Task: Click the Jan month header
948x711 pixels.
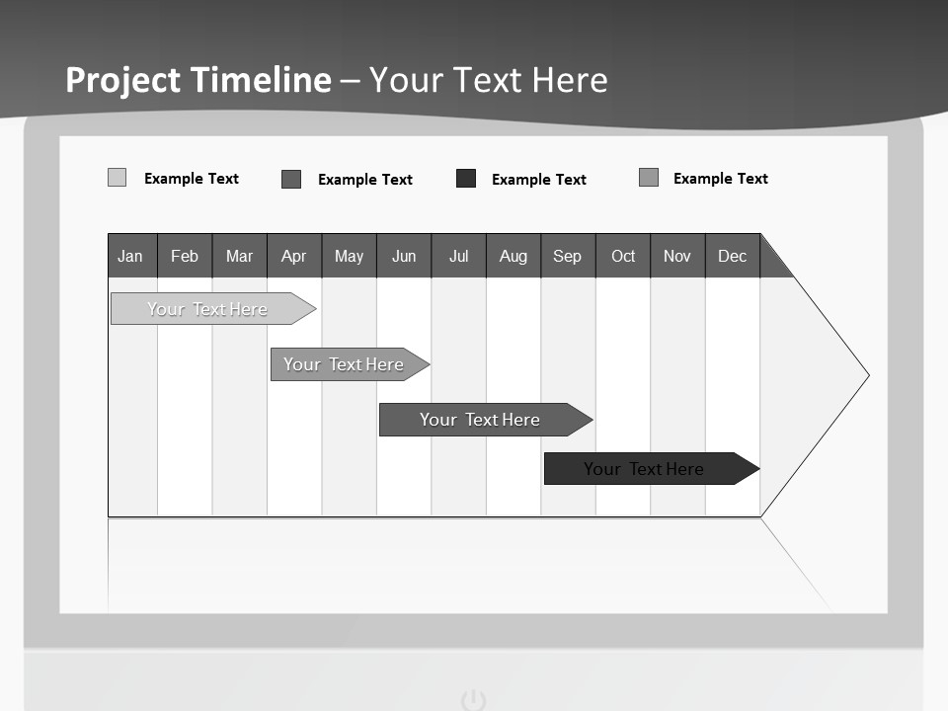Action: point(131,256)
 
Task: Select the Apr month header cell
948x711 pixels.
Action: point(294,256)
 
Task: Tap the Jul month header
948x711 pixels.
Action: point(458,256)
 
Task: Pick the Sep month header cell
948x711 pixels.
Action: point(568,256)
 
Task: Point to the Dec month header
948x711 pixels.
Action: point(732,256)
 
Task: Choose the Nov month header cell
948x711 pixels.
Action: point(677,256)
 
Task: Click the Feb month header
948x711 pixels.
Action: point(185,256)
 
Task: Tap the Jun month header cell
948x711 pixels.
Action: point(404,256)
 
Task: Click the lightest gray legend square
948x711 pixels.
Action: point(117,178)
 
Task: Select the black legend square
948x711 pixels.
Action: point(466,179)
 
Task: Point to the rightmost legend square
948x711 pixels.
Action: point(649,178)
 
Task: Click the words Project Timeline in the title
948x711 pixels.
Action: point(198,80)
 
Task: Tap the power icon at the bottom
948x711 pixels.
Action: point(474,700)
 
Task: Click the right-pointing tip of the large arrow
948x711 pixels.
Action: point(865,375)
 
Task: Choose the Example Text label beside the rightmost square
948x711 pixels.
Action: point(720,179)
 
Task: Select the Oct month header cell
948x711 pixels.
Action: point(623,256)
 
